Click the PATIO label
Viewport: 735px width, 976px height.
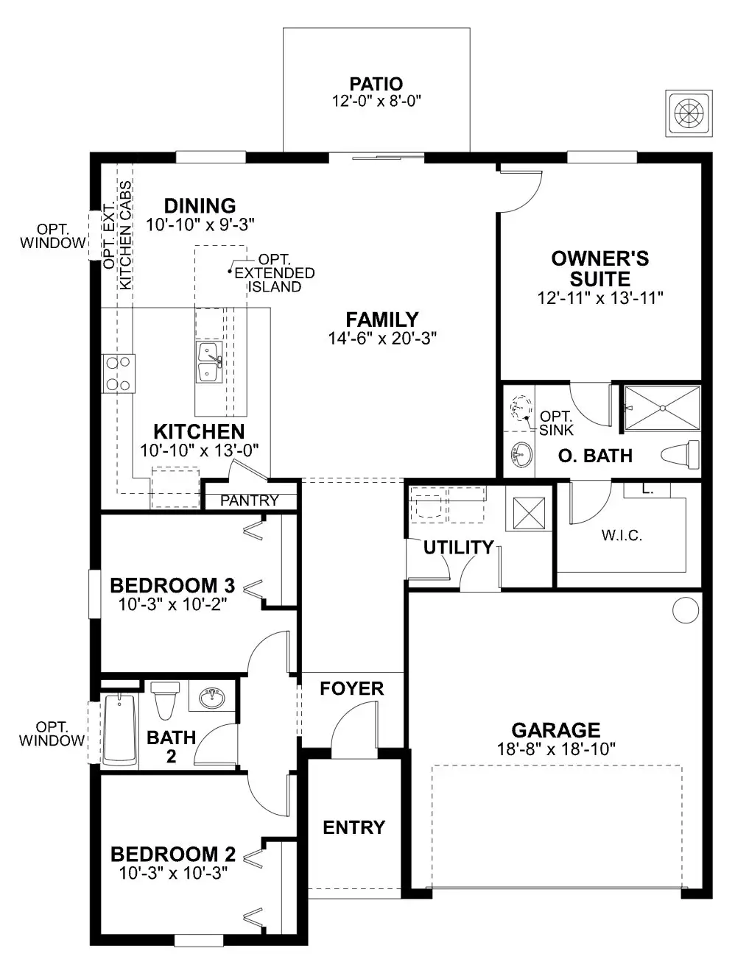point(376,84)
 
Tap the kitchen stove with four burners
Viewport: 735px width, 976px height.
point(118,373)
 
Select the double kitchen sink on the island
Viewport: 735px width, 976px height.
point(209,362)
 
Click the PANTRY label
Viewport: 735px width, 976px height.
point(250,501)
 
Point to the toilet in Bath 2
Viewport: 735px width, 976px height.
point(164,700)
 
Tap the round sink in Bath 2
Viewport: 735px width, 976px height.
point(213,697)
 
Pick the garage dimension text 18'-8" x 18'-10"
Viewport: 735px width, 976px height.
point(556,749)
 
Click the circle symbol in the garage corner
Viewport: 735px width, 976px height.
point(686,610)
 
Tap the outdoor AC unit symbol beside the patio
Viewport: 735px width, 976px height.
point(689,113)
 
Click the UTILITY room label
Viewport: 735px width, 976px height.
point(458,547)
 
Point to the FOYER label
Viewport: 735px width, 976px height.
point(352,688)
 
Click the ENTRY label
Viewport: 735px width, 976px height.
point(354,827)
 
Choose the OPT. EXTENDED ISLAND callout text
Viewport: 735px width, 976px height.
point(274,273)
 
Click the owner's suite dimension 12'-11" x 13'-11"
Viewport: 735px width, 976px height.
point(600,298)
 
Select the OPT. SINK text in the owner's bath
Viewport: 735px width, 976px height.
point(556,422)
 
